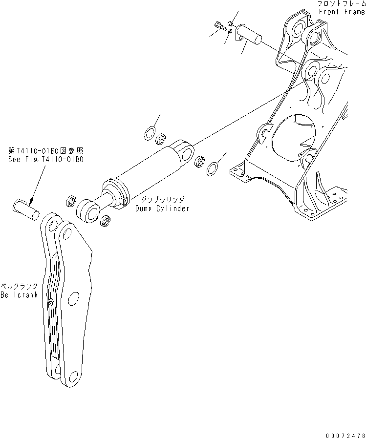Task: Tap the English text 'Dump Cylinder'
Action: [163, 209]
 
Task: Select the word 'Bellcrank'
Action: [19, 295]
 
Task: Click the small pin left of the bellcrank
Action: [26, 209]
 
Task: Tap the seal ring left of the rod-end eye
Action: [70, 200]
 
